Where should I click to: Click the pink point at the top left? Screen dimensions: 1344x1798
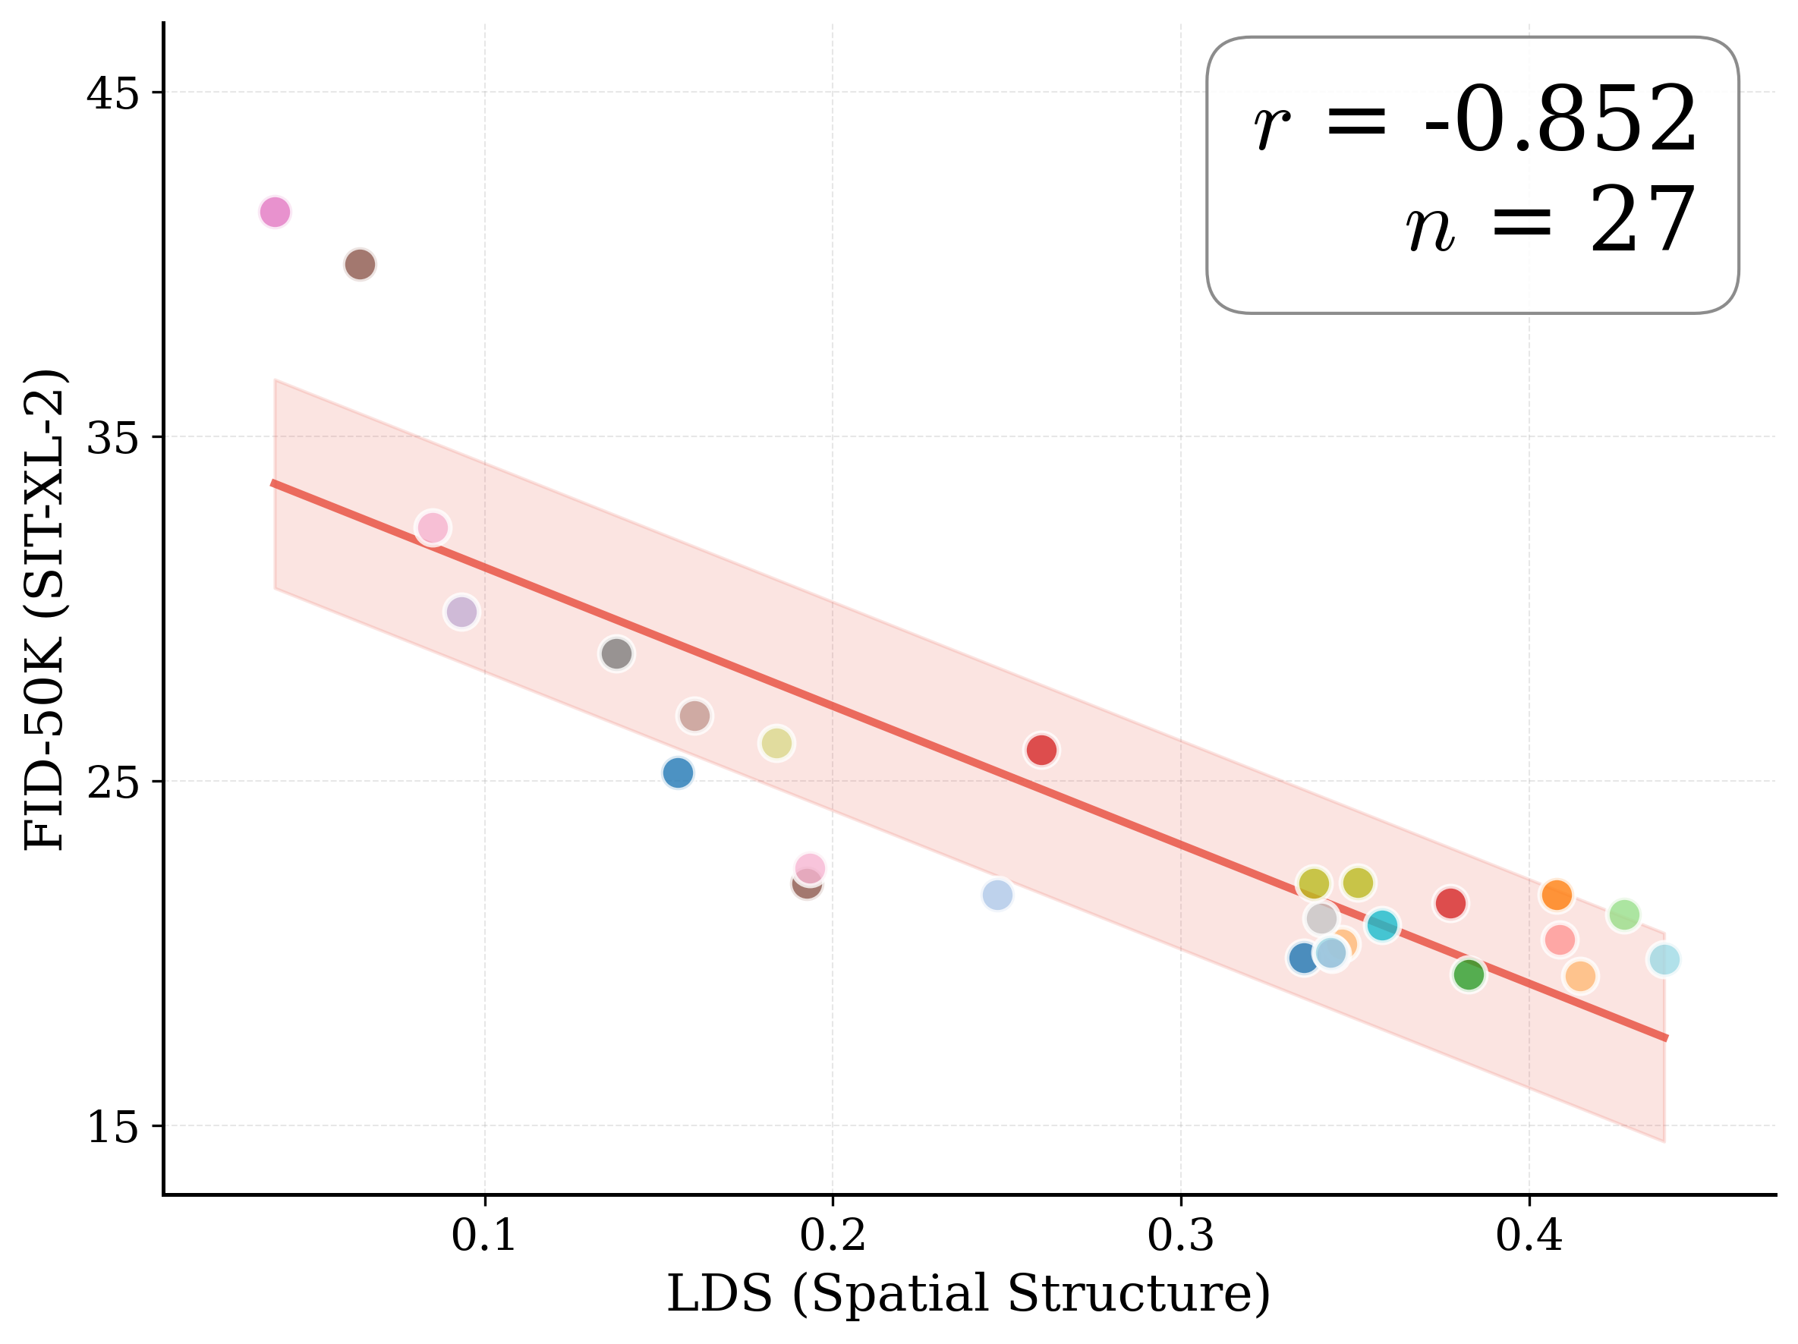[275, 212]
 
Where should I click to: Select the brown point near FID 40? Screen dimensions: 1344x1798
[359, 264]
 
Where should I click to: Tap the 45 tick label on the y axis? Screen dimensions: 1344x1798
[112, 94]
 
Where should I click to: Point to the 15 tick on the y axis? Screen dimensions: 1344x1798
[112, 1128]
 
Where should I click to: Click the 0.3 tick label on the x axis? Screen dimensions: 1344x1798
[1180, 1236]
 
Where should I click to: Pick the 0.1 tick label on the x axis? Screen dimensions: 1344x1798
[484, 1236]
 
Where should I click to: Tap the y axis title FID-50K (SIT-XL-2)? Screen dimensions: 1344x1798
[45, 609]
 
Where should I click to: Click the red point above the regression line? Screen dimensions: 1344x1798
[1041, 750]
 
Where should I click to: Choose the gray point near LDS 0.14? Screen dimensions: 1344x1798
[616, 653]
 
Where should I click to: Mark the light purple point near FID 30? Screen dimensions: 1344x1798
[461, 612]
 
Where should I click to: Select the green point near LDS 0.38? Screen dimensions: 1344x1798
[1468, 974]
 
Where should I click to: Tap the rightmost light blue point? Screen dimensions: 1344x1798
[1663, 960]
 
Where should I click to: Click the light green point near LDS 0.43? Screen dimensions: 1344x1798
[1623, 915]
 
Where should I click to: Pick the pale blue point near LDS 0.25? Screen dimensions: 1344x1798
[997, 895]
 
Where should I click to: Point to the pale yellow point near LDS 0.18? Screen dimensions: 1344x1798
[776, 744]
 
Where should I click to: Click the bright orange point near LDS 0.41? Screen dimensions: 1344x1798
[1556, 895]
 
